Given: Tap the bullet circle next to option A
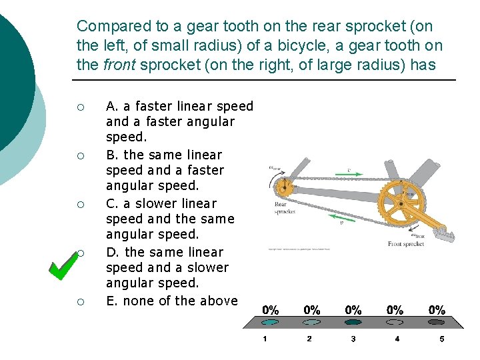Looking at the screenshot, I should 80,107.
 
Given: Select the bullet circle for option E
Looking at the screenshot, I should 80,301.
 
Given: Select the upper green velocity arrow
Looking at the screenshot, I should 355,174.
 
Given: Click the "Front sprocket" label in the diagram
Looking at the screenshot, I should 406,244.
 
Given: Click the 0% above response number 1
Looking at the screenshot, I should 271,310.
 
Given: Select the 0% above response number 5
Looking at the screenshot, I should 437,310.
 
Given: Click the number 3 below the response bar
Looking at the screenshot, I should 353,339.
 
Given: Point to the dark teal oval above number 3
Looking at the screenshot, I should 353,322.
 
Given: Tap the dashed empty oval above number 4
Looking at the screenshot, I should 396,322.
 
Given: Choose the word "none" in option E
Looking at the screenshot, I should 139,301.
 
